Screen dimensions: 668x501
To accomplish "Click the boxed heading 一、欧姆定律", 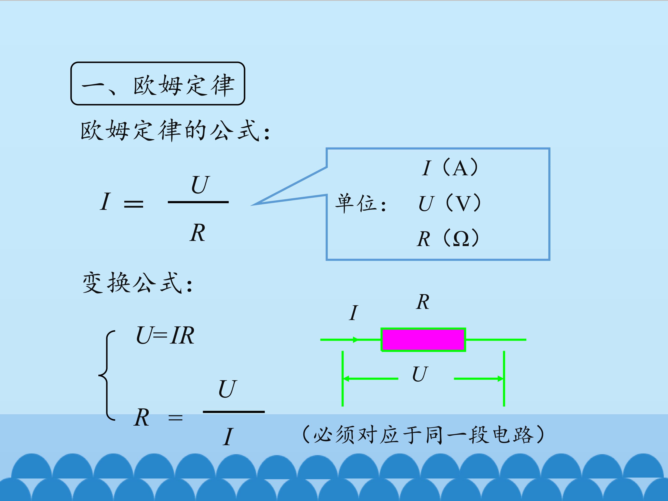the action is pyautogui.click(x=158, y=84).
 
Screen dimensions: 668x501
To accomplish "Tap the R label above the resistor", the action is pyautogui.click(x=423, y=302).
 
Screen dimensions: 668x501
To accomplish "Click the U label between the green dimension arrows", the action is pyautogui.click(x=420, y=374).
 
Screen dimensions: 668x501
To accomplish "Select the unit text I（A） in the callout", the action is pyautogui.click(x=450, y=168).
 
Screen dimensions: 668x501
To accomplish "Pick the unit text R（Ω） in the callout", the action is pyautogui.click(x=448, y=238).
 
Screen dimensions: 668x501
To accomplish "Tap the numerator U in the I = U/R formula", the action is pyautogui.click(x=200, y=185).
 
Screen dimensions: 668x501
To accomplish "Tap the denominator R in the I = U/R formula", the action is pyautogui.click(x=198, y=233).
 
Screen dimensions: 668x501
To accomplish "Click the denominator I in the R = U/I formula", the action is pyautogui.click(x=228, y=437).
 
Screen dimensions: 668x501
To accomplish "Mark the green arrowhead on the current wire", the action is pyautogui.click(x=356, y=340).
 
